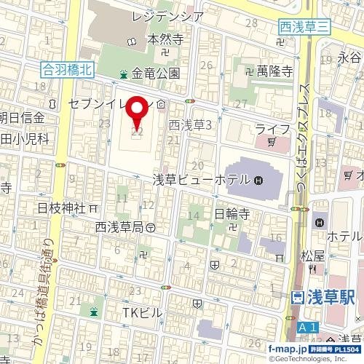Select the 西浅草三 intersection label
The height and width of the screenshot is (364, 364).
(x=304, y=27)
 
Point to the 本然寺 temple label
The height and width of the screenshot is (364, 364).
(x=164, y=39)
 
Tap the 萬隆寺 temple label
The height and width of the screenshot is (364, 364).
(x=274, y=71)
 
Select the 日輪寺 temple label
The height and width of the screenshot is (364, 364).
(x=232, y=214)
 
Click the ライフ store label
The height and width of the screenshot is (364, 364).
(x=272, y=129)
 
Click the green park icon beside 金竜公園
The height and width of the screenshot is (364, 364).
(x=124, y=74)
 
